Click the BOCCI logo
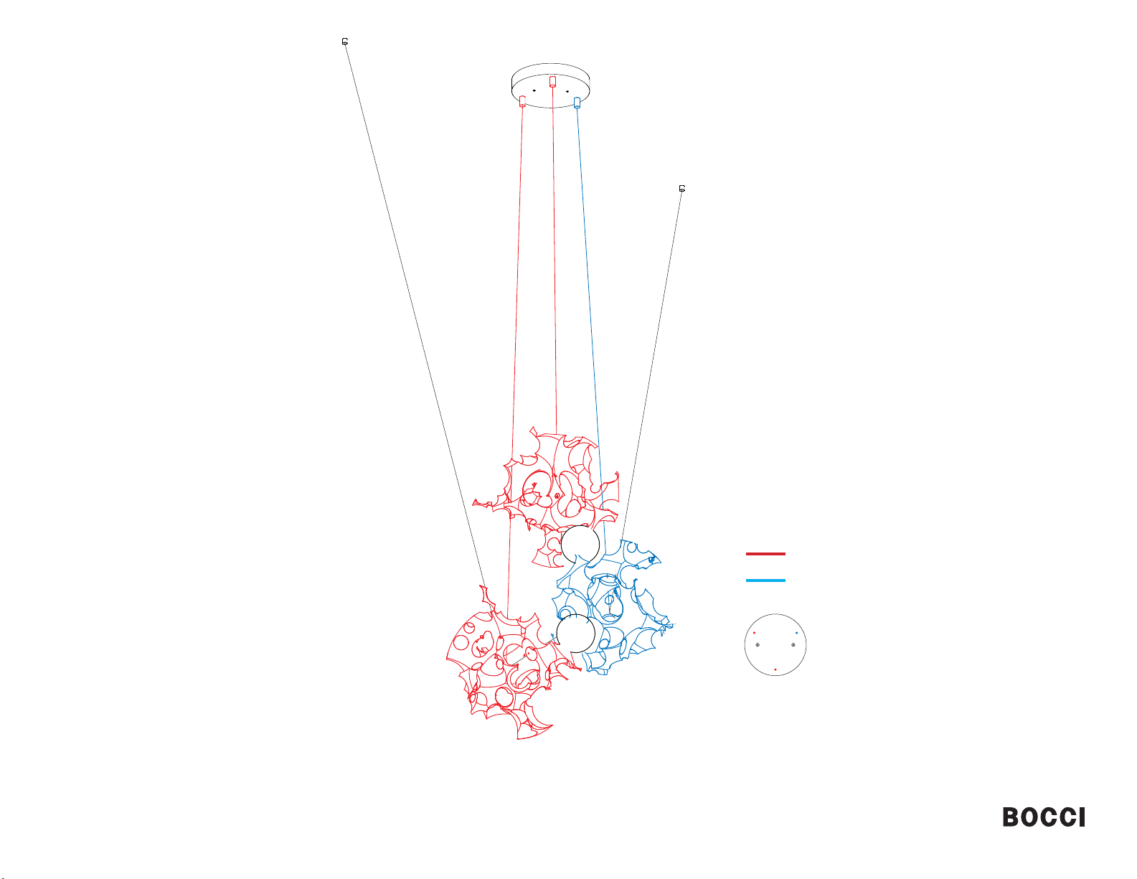(1043, 817)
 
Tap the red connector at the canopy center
(552, 82)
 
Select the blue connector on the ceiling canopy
(577, 103)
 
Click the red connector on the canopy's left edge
(522, 101)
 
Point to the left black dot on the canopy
(534, 90)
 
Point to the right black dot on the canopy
(567, 92)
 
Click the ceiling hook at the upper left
(345, 42)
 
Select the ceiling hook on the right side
(681, 188)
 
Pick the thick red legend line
(765, 553)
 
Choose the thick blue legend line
(765, 580)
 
